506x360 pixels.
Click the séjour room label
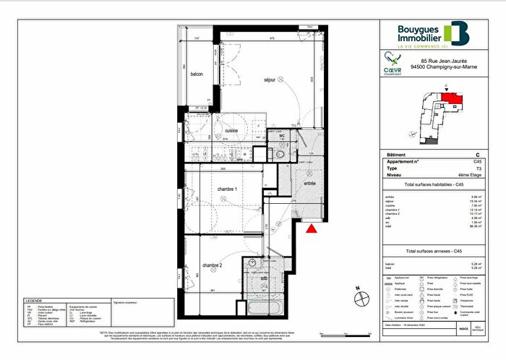pyautogui.click(x=252, y=80)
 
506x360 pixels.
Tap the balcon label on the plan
pyautogui.click(x=196, y=74)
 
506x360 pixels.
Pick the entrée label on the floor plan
pyautogui.click(x=309, y=184)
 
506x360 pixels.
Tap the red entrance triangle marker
pyautogui.click(x=312, y=229)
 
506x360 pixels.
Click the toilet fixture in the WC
pyautogui.click(x=278, y=153)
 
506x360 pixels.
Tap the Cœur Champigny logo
pyautogui.click(x=393, y=61)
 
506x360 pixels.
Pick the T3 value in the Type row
pyautogui.click(x=477, y=168)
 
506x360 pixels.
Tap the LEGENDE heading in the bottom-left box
pyautogui.click(x=35, y=300)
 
